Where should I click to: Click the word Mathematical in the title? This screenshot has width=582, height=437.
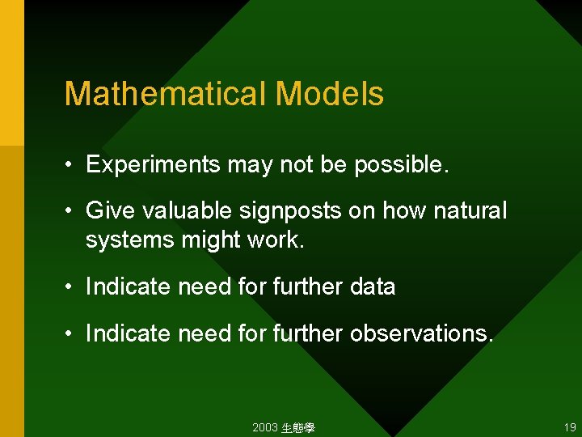166,95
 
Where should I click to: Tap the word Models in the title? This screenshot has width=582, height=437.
330,95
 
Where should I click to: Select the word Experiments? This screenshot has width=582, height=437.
153,165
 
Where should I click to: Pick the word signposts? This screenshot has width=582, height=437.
292,211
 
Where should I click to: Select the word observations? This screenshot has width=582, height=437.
420,333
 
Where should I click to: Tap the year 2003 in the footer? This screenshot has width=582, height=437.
264,426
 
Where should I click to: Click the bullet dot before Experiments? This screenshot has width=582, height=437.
70,166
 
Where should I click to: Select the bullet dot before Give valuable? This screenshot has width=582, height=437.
70,212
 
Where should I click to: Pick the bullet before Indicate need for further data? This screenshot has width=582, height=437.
70,287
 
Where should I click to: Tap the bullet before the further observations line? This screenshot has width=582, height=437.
70,333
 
